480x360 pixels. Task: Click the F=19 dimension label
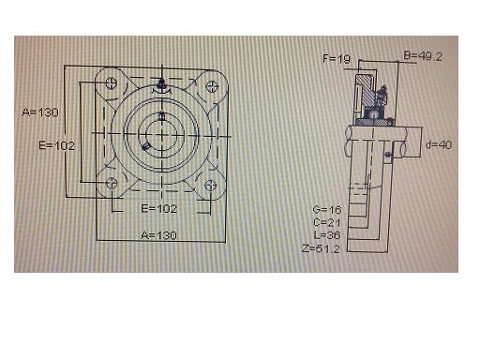tap(337, 58)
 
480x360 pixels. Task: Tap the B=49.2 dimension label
tap(423, 56)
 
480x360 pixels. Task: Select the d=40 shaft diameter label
tap(439, 144)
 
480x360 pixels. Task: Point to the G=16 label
tap(327, 210)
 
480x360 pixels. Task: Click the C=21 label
tap(327, 222)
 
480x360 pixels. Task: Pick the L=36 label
tap(327, 235)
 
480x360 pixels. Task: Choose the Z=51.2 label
tap(322, 248)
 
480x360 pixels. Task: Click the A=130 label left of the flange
tap(40, 112)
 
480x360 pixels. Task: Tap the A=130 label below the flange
tap(158, 235)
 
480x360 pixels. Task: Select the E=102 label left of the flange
tap(57, 145)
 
